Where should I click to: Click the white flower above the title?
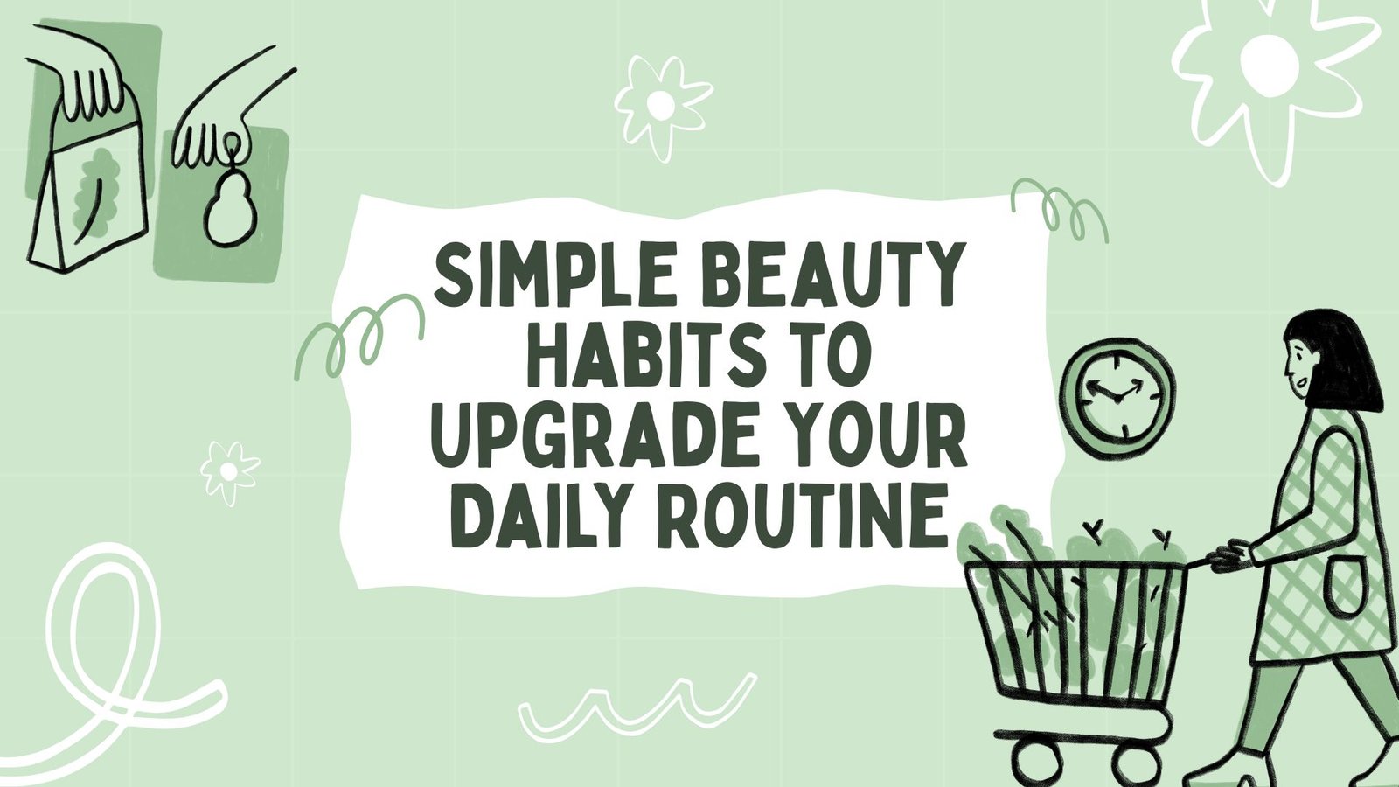pyautogui.click(x=660, y=106)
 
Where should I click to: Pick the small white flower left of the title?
pyautogui.click(x=231, y=471)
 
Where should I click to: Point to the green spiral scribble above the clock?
pyautogui.click(x=1060, y=209)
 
